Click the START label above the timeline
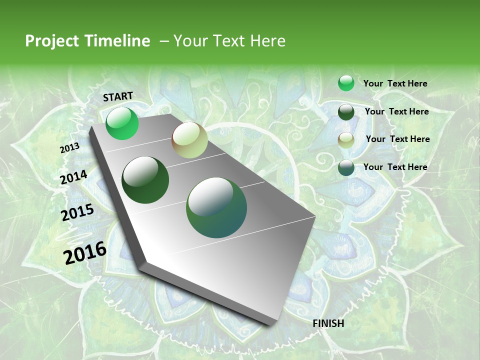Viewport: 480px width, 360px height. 118,96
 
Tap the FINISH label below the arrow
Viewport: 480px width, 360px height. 328,323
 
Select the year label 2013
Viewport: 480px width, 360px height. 69,148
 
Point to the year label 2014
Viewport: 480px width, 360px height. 73,177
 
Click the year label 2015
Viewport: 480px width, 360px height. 77,212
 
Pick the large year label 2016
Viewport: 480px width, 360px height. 85,252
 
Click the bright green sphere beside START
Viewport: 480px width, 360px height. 122,123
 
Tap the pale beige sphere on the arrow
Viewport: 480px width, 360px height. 189,140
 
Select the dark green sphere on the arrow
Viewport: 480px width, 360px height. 145,180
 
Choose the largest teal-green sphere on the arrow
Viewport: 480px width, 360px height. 216,207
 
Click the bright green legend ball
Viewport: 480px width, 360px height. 346,83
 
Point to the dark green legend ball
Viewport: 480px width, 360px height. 346,112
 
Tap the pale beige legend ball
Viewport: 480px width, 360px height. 346,140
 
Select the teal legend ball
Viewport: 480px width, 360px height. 346,167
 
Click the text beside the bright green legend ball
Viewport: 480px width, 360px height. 395,83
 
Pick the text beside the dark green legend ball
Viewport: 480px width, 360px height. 396,111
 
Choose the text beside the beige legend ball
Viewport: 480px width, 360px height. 397,139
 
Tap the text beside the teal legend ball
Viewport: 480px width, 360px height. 395,167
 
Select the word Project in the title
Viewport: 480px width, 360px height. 51,41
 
